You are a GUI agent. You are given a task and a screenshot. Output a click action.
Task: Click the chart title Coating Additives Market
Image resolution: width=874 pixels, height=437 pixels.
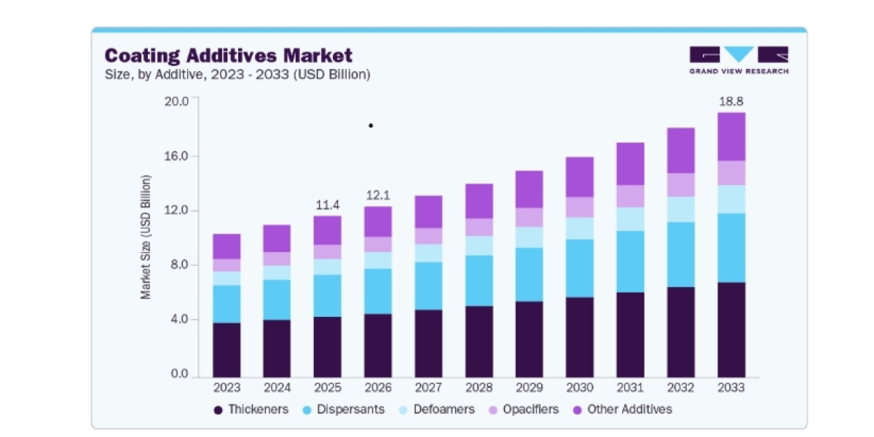point(229,55)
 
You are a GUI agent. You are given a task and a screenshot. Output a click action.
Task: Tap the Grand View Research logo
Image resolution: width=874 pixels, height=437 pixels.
point(739,60)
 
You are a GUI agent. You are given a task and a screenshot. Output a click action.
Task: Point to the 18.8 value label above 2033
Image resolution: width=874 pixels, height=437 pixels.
point(731,101)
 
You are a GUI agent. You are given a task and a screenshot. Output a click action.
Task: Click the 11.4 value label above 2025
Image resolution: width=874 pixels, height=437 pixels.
point(328,205)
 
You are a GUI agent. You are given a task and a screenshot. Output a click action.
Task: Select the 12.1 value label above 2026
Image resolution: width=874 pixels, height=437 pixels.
point(378,195)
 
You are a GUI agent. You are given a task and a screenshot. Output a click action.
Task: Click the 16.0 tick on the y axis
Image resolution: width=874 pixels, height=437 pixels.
point(176,156)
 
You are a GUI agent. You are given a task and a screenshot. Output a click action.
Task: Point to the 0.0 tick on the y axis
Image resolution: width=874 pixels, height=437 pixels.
point(179,374)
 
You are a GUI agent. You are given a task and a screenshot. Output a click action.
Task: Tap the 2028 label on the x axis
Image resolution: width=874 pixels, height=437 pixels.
point(479,387)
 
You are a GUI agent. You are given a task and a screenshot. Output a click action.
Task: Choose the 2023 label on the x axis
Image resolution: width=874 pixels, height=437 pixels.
point(227,387)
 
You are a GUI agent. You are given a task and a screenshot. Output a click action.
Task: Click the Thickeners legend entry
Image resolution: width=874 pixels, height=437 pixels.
point(251,409)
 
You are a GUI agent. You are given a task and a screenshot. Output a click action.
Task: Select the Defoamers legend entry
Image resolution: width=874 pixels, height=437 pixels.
point(436,409)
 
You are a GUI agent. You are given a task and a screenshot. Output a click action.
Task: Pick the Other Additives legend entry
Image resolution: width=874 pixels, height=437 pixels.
point(622,409)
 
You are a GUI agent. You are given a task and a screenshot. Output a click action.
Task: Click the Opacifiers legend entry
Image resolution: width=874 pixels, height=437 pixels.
point(524,409)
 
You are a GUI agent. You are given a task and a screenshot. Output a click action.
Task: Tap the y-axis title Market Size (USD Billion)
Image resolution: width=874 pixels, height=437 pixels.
point(146,237)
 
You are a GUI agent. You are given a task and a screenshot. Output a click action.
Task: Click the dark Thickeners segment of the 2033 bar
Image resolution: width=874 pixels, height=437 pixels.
point(731,330)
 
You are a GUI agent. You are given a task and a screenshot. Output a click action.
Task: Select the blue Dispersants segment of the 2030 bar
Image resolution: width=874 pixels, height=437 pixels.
point(580,269)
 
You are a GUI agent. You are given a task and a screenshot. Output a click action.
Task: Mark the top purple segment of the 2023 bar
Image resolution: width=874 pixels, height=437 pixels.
point(227,247)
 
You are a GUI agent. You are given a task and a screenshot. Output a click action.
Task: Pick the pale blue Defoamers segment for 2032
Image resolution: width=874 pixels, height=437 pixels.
point(681,210)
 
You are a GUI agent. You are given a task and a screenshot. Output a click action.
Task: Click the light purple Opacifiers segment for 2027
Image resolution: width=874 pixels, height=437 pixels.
point(428,236)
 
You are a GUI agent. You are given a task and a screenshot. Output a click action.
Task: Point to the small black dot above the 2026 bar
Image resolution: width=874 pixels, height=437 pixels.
point(371,125)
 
